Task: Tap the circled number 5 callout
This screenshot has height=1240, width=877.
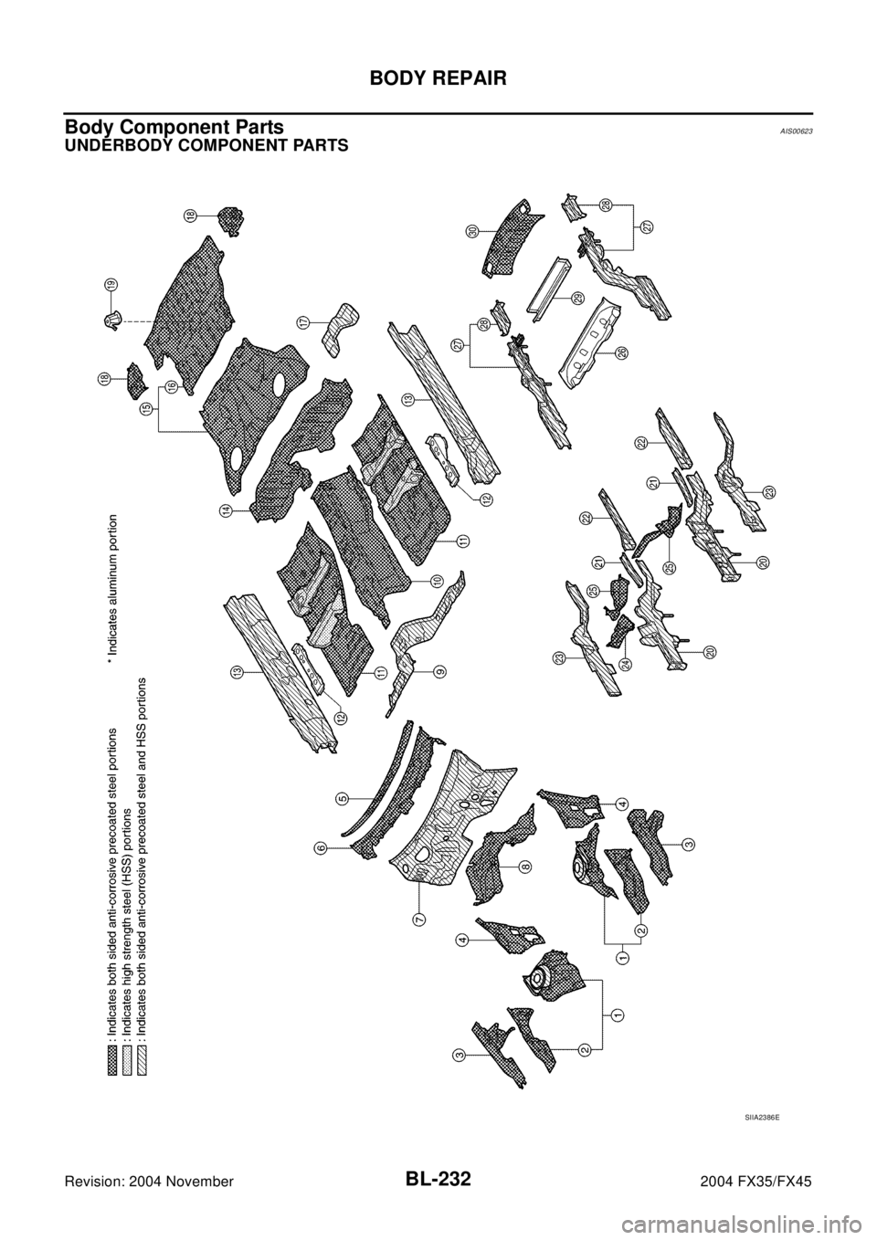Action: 341,797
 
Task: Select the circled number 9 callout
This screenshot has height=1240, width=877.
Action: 439,671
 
